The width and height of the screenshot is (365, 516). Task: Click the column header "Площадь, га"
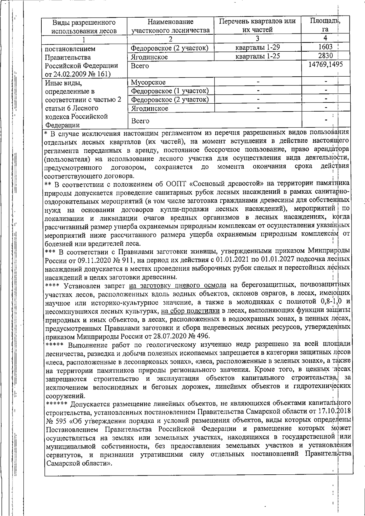[325, 25]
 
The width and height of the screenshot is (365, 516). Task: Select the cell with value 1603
[325, 47]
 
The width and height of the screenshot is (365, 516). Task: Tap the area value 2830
[325, 56]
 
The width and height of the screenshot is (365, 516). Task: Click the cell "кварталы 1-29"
[257, 47]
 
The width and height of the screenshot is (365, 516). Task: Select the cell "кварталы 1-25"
[257, 56]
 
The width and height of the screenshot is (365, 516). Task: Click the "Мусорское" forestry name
[148, 82]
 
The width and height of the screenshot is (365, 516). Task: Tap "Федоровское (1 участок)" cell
[170, 91]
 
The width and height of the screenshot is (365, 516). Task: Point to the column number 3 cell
[257, 39]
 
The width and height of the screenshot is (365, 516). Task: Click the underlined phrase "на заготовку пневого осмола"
[177, 285]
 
